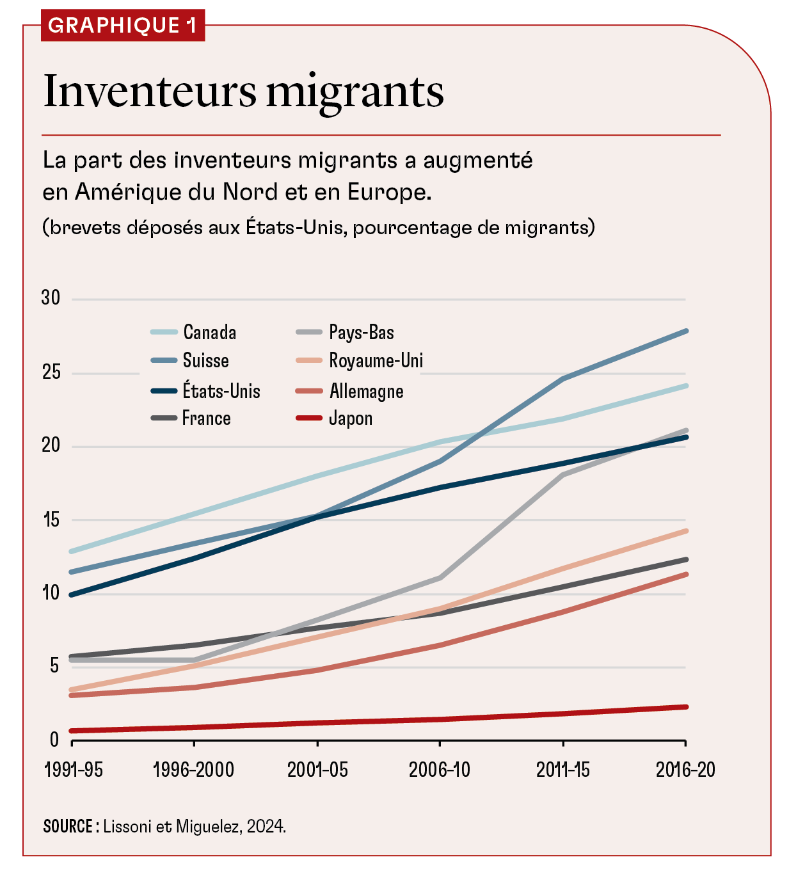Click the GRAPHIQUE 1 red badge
point(122,26)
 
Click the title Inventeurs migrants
point(243,91)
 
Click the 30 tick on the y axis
point(51,298)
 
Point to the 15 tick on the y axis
point(51,520)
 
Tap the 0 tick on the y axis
point(54,740)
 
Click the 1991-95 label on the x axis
point(73,770)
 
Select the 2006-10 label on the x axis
point(440,770)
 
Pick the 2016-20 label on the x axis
point(685,770)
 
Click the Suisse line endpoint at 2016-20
point(686,331)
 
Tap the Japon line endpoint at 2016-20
point(686,707)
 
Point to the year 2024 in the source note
point(265,827)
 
